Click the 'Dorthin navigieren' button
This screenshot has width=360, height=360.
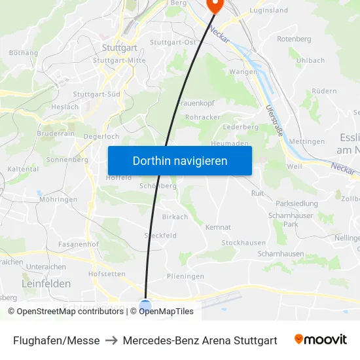tap(180, 160)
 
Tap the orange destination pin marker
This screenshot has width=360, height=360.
tap(214, 6)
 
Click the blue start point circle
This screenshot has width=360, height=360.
tap(145, 305)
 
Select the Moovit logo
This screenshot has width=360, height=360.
tap(321, 340)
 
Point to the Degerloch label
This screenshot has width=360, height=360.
tap(101, 136)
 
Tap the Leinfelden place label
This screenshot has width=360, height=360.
tap(46, 283)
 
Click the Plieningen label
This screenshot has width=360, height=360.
tap(185, 276)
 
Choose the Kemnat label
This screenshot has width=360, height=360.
tap(218, 227)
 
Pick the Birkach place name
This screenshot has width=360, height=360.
tap(175, 217)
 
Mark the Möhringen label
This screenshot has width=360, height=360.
tap(58, 200)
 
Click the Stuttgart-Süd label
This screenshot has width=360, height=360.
tap(96, 94)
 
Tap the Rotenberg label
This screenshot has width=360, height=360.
tap(294, 39)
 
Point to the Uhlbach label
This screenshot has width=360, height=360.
tap(310, 60)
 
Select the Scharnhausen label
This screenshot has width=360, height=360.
tap(281, 253)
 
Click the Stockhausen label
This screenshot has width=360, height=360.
tap(243, 243)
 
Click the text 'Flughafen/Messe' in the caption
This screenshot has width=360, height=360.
tap(56, 340)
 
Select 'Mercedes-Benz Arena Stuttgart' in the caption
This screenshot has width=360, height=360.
tap(200, 340)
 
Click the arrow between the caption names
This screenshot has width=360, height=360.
tap(111, 340)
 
